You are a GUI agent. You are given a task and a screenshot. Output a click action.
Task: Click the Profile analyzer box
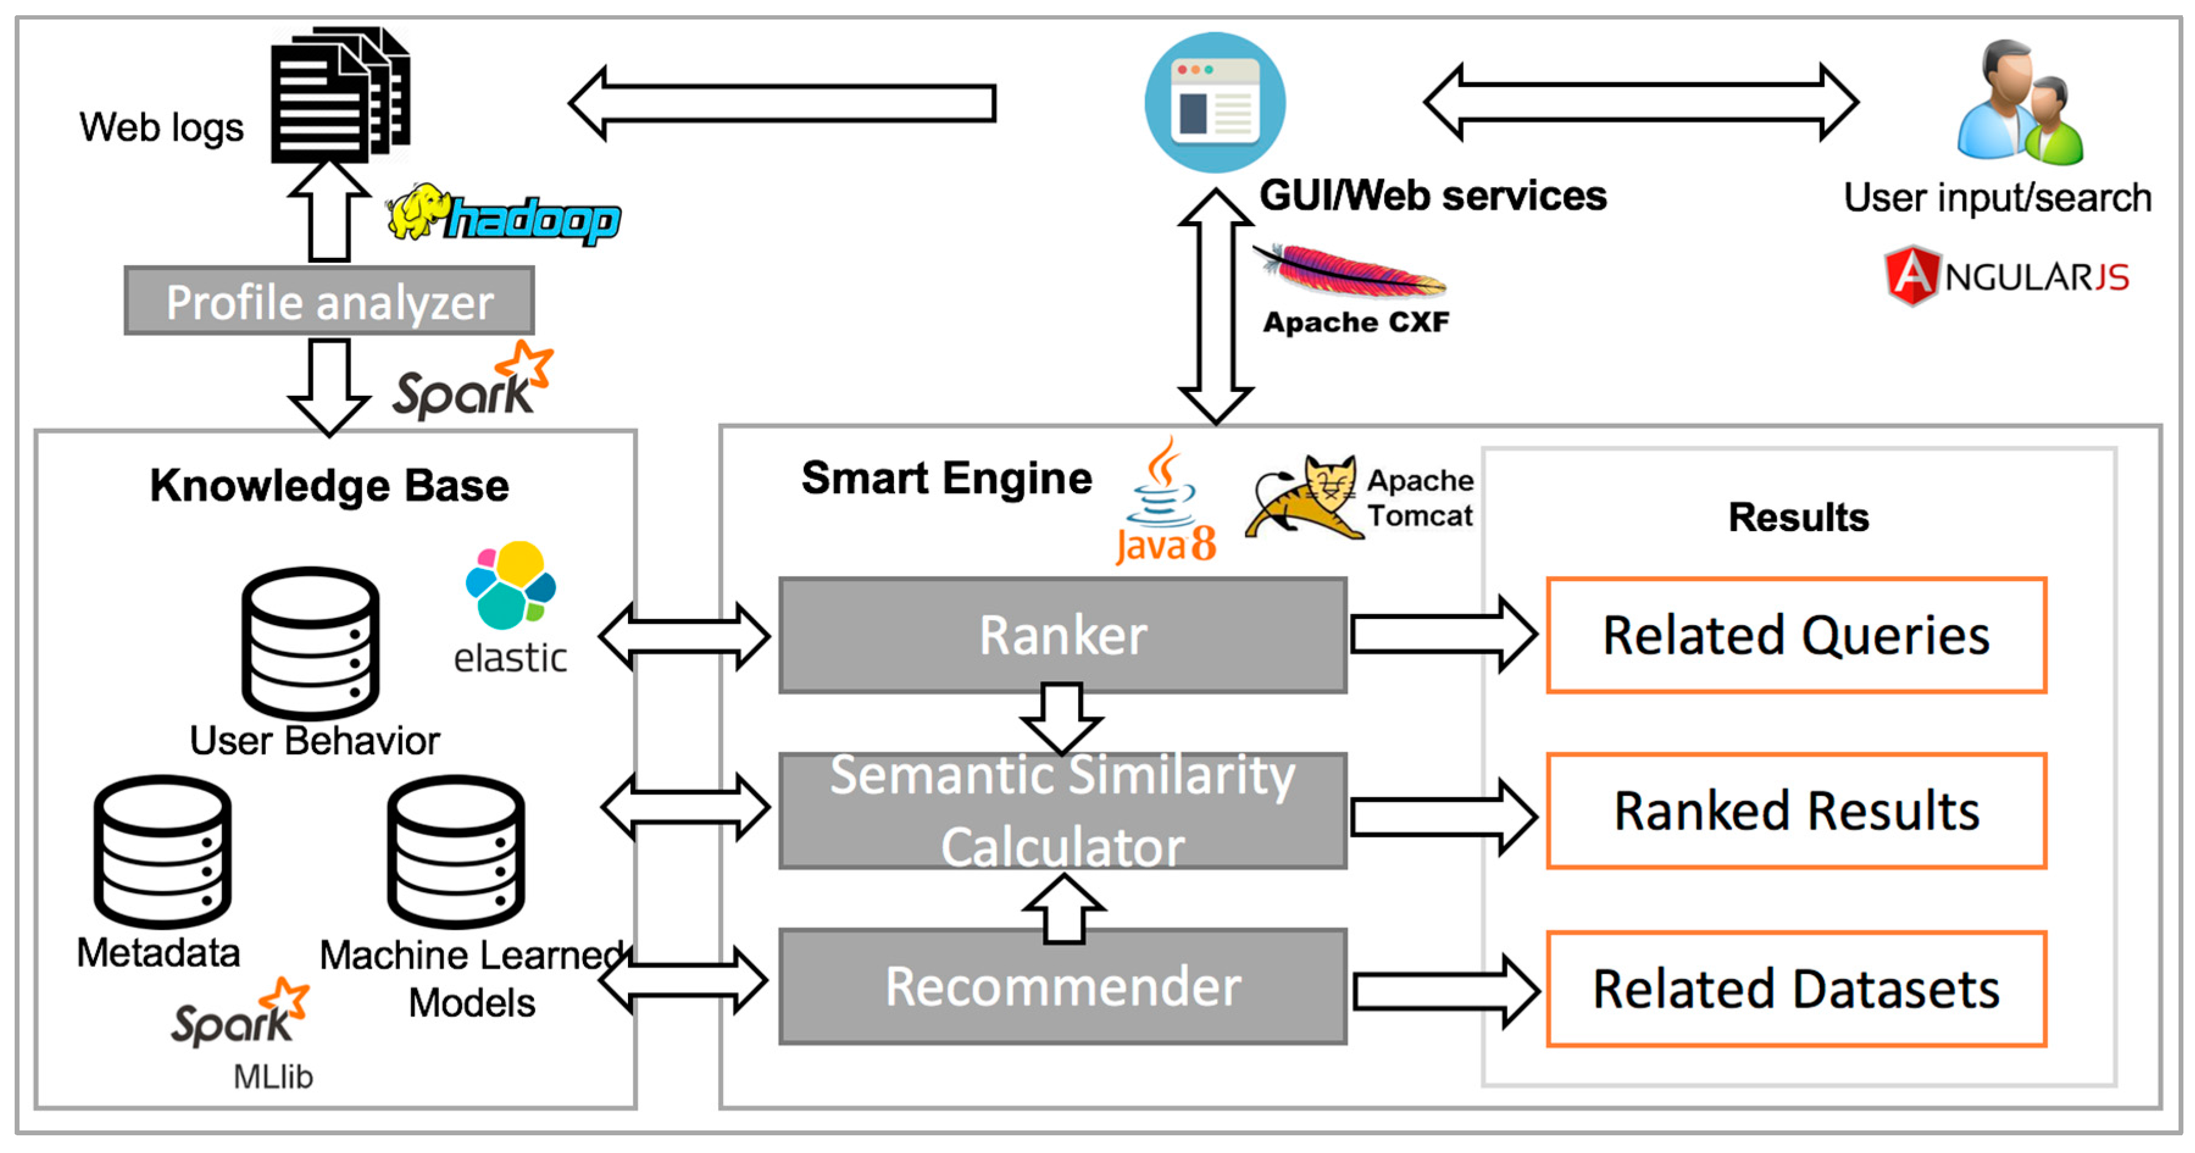pos(329,301)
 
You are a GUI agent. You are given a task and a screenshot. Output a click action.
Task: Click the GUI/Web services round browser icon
pos(1214,102)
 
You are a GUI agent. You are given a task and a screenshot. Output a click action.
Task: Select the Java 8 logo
pos(1164,503)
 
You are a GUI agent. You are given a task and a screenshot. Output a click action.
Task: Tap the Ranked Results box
pos(1796,812)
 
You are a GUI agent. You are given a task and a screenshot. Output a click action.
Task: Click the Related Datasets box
pos(1796,988)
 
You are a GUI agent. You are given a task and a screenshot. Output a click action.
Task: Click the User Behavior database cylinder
pos(310,643)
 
